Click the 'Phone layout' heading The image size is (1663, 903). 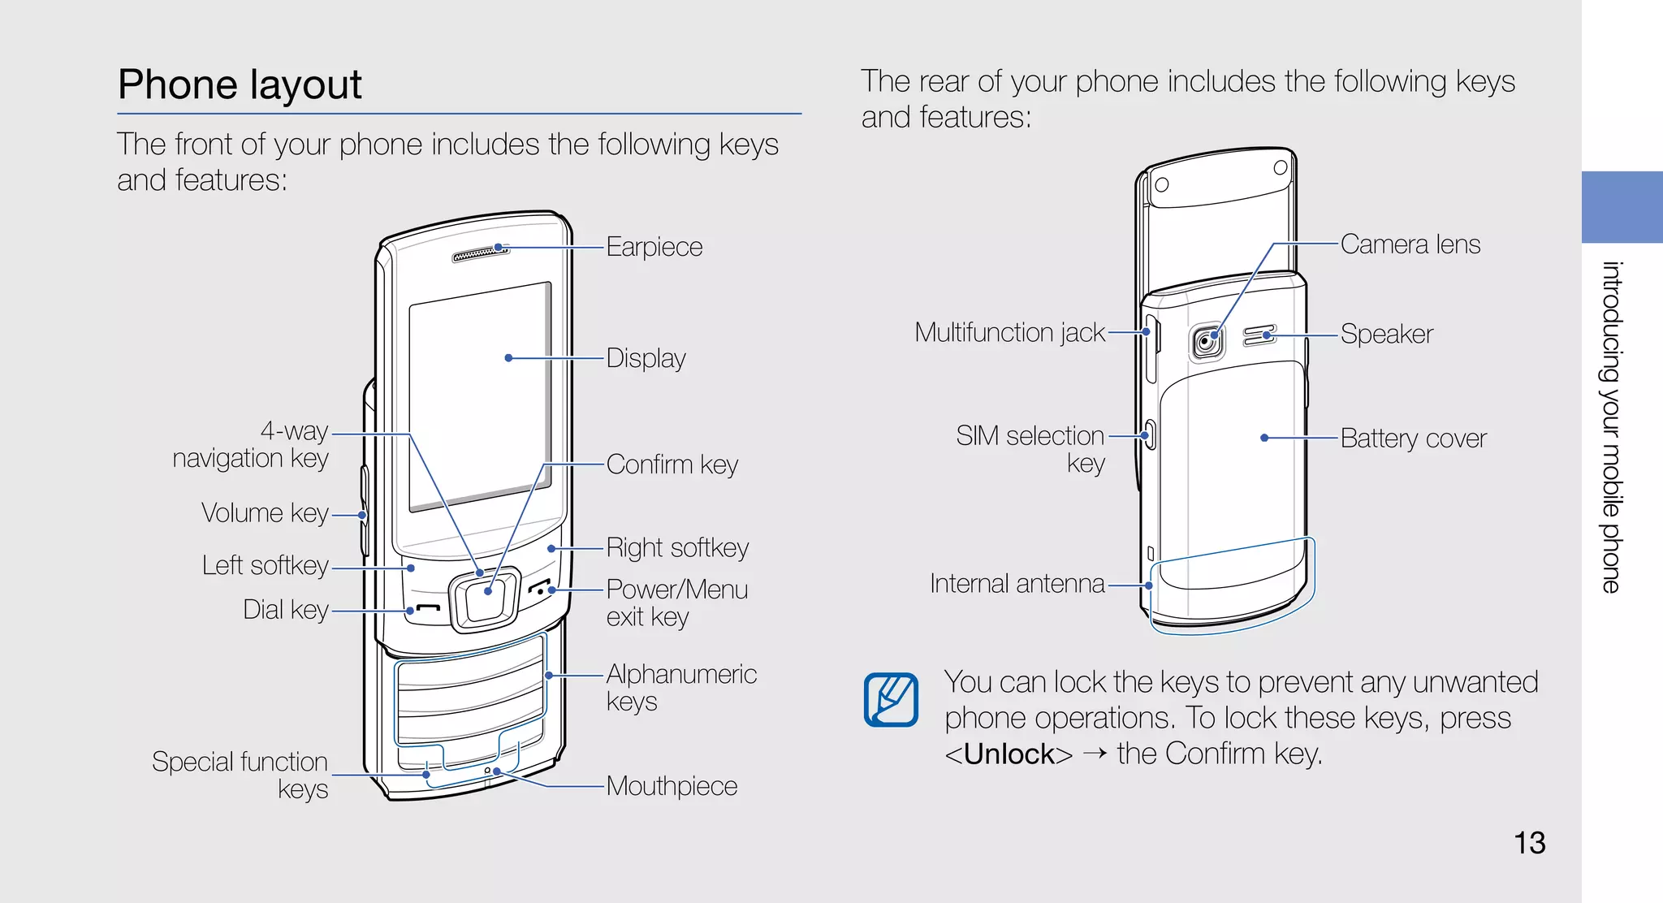point(240,84)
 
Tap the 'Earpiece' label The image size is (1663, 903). point(654,247)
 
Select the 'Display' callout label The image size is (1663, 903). point(646,358)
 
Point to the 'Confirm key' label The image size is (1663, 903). point(672,464)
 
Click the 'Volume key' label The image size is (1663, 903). point(265,513)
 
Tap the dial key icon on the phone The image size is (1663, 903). point(428,609)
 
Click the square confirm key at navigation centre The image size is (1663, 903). point(486,599)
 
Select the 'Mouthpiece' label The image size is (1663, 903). point(672,786)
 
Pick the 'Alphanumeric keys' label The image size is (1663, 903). point(680,687)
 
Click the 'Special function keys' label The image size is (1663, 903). point(241,775)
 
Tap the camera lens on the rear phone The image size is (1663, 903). point(1207,341)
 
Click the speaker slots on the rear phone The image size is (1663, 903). point(1259,335)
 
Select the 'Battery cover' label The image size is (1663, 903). point(1413,439)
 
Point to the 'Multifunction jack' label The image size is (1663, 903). point(1009,333)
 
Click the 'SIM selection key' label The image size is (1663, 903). point(1031,448)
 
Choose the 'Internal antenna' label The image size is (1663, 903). point(1017,584)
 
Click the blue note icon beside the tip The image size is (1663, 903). point(891,699)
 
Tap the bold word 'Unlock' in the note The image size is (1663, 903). point(1009,754)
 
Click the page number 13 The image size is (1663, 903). point(1529,843)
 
